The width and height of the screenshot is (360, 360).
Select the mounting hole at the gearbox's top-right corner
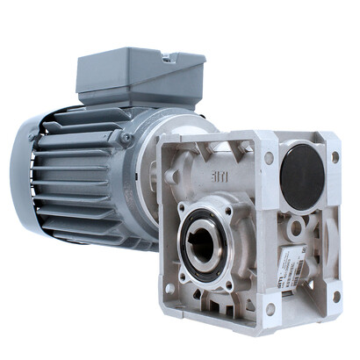click(335, 157)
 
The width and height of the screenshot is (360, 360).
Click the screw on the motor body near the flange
click(126, 138)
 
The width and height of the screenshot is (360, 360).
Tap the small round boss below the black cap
click(297, 227)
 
